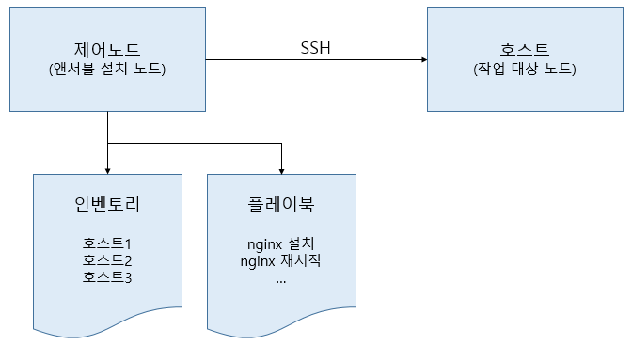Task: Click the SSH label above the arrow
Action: tap(315, 48)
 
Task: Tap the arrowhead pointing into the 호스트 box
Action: tap(424, 59)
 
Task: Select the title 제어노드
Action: tap(107, 50)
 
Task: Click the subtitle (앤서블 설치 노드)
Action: tap(107, 69)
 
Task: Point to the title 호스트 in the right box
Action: tap(525, 50)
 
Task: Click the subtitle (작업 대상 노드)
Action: tap(525, 69)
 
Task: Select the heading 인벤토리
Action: tap(107, 204)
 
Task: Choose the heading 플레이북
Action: tap(281, 204)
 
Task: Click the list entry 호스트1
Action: tap(107, 243)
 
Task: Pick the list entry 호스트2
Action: tap(107, 260)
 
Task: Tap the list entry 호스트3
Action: tap(107, 277)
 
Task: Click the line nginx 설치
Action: tap(281, 243)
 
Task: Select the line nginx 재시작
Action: tap(281, 261)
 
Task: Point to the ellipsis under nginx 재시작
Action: tap(281, 282)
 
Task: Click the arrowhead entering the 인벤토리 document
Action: tap(107, 172)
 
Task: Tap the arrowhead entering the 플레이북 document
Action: tap(282, 172)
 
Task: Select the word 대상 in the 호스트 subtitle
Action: tap(525, 69)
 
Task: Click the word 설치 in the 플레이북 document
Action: tap(301, 243)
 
